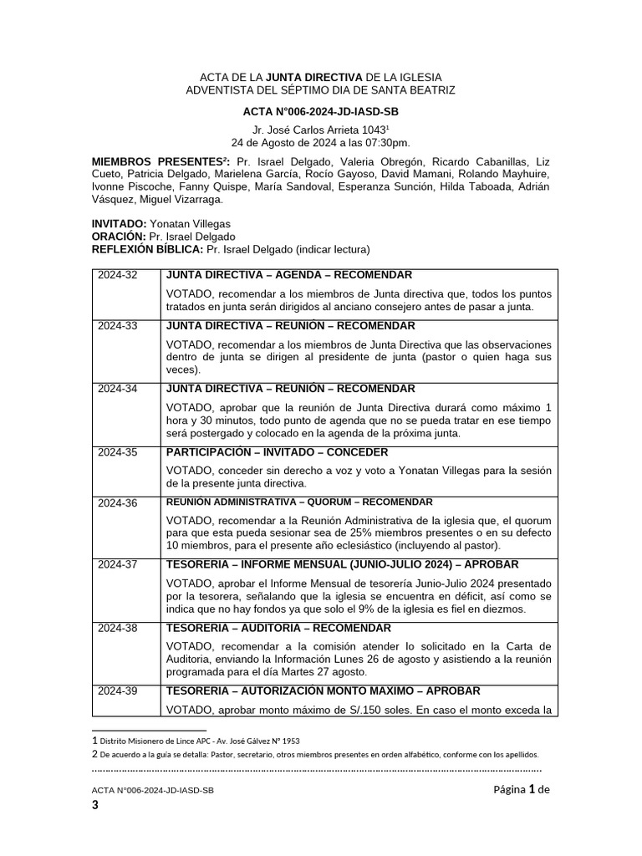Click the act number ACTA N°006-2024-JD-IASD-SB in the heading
[320, 111]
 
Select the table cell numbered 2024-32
[118, 275]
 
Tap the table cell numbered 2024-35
[118, 452]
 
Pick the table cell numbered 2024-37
[118, 564]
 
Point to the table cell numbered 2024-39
[118, 691]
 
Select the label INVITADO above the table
[119, 224]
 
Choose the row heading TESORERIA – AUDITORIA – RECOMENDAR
[278, 628]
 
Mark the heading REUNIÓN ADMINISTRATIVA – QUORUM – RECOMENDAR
[299, 502]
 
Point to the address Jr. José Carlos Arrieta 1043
[320, 130]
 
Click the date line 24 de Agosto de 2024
[320, 142]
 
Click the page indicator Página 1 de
[521, 789]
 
